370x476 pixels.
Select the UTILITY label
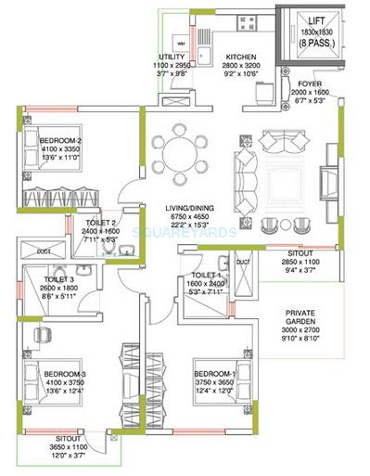coord(173,58)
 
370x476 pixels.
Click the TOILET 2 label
coord(101,223)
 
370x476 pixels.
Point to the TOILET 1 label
coord(206,276)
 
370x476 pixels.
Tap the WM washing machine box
coord(180,44)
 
